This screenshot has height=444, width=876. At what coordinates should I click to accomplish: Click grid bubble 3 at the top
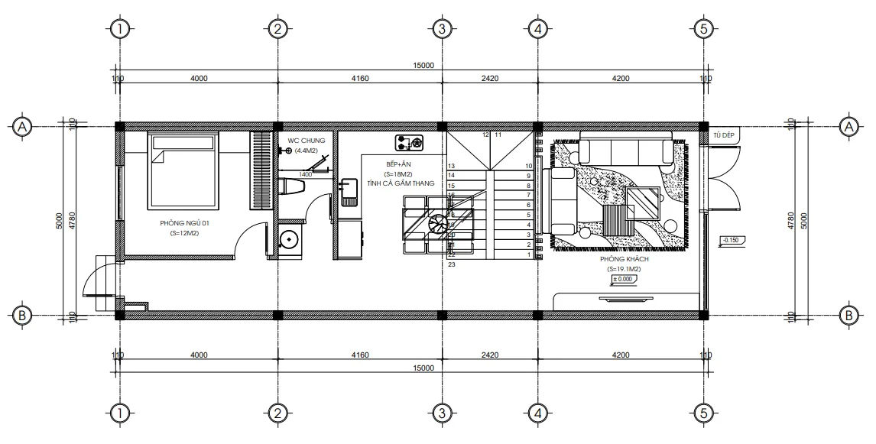point(441,29)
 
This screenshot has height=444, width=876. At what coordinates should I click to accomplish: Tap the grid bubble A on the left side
point(23,126)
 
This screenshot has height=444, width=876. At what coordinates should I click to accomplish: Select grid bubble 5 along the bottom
point(702,413)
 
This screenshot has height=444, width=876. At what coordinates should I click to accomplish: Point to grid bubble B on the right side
point(847,315)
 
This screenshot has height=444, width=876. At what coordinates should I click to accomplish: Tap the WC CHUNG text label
point(306,141)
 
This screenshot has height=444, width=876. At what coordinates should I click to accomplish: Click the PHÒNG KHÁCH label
point(624,260)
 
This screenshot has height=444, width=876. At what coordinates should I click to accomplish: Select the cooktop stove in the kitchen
point(409,142)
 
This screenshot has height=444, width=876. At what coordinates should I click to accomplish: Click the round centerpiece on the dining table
point(439,224)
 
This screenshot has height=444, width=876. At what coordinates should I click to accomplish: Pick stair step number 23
point(452,264)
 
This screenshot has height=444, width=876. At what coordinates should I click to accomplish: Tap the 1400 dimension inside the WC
point(305,174)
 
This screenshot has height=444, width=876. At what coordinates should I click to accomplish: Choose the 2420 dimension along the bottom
point(490,355)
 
